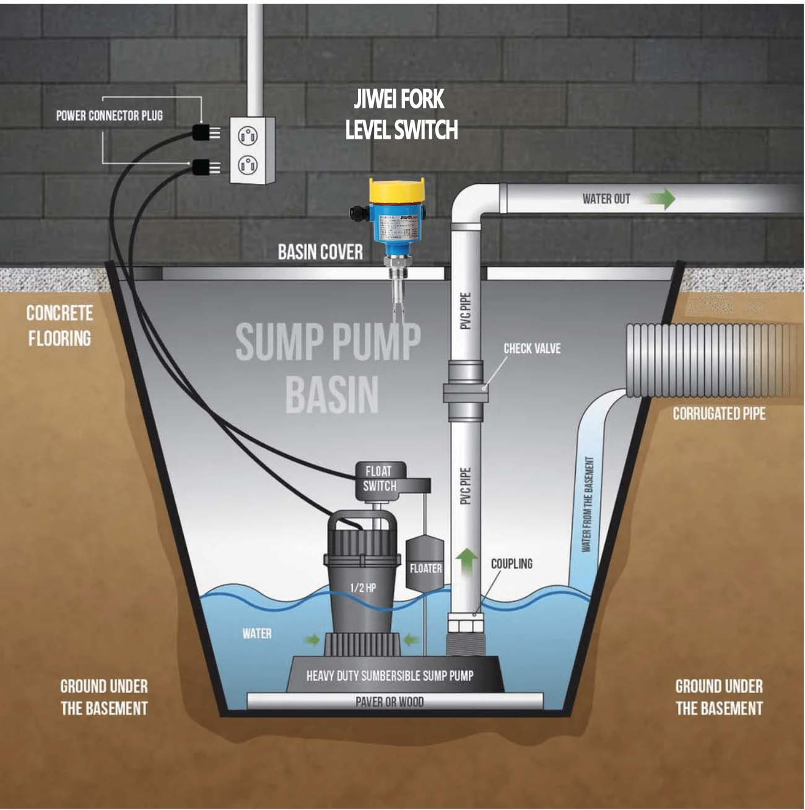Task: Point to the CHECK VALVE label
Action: click(x=532, y=349)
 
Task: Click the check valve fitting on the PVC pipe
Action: click(x=464, y=393)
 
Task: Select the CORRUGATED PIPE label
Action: click(x=719, y=414)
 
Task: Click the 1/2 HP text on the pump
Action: click(x=363, y=588)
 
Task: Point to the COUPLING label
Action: click(x=511, y=564)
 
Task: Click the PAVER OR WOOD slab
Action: click(x=394, y=702)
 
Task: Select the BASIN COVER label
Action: click(x=320, y=252)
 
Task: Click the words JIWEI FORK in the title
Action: click(x=399, y=99)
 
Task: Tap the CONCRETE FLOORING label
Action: click(x=59, y=326)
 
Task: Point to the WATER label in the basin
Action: click(x=257, y=634)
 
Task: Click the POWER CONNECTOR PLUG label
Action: click(x=110, y=116)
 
